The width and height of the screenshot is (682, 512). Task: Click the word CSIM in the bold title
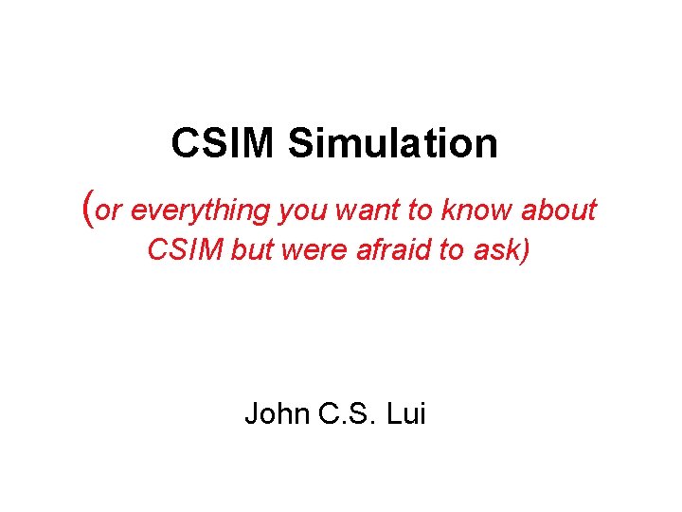pos(224,144)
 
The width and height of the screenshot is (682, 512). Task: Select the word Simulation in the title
pos(392,144)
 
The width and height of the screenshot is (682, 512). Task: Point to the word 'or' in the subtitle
pos(109,210)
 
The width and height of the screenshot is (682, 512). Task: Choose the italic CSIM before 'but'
pos(184,251)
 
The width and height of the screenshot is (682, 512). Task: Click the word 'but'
pos(251,251)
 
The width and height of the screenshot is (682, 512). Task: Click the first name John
pos(276,414)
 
